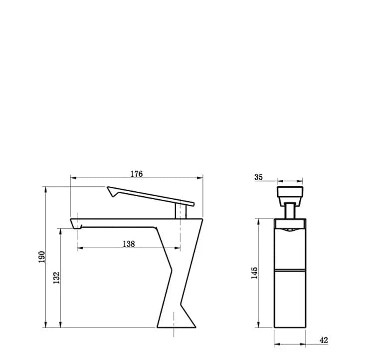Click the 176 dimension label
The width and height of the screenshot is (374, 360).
(137, 174)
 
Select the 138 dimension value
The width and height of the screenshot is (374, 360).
(129, 244)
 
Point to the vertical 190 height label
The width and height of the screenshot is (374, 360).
(42, 257)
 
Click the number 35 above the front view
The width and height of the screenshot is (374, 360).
(258, 177)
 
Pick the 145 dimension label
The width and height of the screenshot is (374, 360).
(255, 273)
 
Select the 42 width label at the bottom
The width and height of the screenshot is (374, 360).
(324, 340)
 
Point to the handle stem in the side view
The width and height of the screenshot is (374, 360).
(180, 211)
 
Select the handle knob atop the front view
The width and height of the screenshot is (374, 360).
(289, 192)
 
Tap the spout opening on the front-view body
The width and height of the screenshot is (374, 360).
(289, 230)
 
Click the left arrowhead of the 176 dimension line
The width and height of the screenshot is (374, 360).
(72, 177)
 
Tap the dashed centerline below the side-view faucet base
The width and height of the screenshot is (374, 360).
(174, 333)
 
